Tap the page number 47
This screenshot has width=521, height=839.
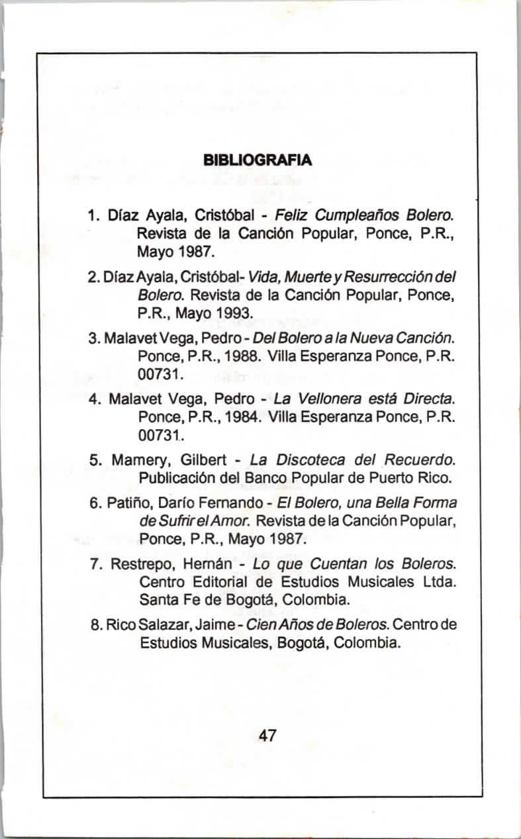[x=268, y=735]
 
